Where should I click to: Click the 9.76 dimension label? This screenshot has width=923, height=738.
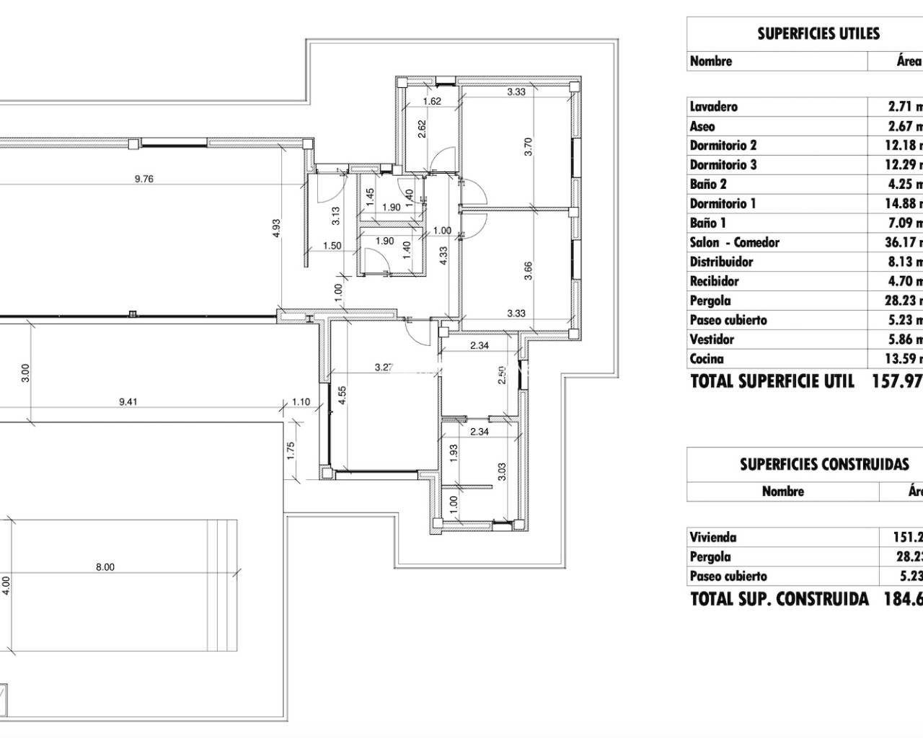(x=144, y=179)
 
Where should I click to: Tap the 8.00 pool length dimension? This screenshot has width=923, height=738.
(x=105, y=567)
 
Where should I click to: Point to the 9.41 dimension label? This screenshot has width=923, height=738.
(x=128, y=402)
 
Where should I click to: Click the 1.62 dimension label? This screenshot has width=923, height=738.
(x=431, y=102)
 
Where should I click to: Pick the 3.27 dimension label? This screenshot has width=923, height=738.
(x=384, y=367)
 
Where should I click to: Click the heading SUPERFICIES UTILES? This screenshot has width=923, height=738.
(x=818, y=34)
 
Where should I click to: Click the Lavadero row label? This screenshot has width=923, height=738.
(x=714, y=107)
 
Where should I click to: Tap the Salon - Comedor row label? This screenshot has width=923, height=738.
(x=734, y=243)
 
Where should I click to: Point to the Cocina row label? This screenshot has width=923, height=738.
(x=707, y=359)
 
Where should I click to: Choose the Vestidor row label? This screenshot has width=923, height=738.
(x=712, y=339)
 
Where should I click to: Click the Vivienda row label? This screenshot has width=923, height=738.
(x=712, y=537)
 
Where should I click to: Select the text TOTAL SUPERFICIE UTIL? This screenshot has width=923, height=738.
(x=772, y=381)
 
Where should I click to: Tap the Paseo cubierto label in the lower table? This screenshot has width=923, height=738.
(x=728, y=576)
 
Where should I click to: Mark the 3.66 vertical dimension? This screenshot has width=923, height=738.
(x=528, y=271)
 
